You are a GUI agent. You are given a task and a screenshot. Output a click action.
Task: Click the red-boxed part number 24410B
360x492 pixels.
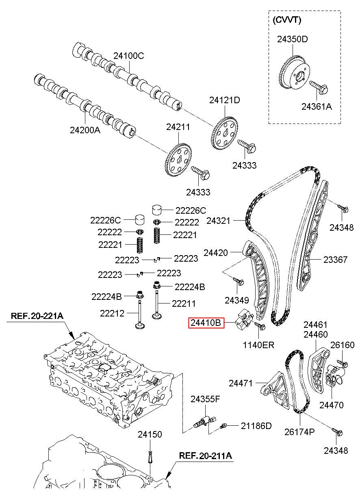tap(206, 323)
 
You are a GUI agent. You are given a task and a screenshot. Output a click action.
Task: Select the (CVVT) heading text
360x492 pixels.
tap(286, 20)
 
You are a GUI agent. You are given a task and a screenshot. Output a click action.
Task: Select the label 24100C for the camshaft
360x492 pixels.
tap(128, 56)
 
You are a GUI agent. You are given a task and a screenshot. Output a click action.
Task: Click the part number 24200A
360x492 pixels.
tap(85, 130)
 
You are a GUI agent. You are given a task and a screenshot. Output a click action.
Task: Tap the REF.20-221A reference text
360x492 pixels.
tap(37, 316)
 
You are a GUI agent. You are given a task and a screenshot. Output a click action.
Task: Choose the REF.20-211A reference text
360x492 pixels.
tap(206, 455)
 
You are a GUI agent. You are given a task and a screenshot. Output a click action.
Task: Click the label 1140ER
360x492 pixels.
tap(258, 345)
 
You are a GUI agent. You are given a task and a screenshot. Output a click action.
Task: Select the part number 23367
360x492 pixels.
tap(335, 260)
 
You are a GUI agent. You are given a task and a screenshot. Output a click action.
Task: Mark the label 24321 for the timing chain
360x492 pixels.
tap(218, 221)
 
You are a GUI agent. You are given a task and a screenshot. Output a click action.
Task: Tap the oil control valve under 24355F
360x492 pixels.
tap(205, 420)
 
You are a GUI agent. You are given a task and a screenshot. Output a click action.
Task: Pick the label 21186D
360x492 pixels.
tap(256, 426)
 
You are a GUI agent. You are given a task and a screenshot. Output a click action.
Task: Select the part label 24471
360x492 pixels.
tap(241, 383)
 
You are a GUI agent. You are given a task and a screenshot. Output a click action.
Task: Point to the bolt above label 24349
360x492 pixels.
tap(239, 282)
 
